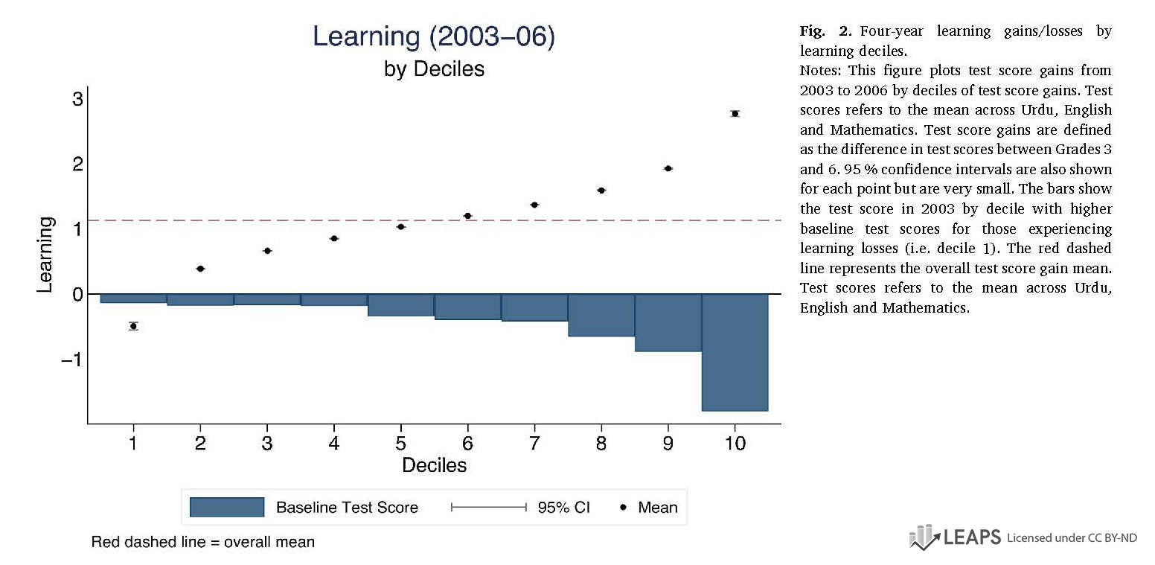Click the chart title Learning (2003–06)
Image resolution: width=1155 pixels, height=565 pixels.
point(433,36)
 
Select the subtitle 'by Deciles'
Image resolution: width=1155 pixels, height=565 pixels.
point(434,69)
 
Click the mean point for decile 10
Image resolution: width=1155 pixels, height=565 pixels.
point(735,113)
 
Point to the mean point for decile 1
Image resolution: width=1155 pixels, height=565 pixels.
point(133,326)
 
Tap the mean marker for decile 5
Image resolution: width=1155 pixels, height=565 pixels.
point(400,226)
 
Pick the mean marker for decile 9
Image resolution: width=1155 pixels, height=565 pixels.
point(668,168)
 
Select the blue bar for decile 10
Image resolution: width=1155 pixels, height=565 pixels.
point(735,352)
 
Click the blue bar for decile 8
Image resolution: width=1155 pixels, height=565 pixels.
point(601,315)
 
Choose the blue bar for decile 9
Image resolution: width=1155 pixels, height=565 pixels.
point(668,322)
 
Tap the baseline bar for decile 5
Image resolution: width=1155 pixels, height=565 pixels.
point(400,305)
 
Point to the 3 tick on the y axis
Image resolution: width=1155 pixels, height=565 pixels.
point(77,99)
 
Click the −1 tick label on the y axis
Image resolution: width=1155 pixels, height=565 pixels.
point(71,360)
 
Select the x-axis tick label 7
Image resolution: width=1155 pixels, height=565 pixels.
point(534,444)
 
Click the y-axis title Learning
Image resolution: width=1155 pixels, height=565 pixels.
point(45,254)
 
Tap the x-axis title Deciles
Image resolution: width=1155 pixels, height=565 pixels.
point(434,465)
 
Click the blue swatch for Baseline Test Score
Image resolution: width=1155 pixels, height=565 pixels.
point(227,508)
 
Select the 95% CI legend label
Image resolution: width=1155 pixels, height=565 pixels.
point(563,508)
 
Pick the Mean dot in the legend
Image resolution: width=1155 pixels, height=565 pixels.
point(623,508)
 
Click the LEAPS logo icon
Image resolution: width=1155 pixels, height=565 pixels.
point(924,537)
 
